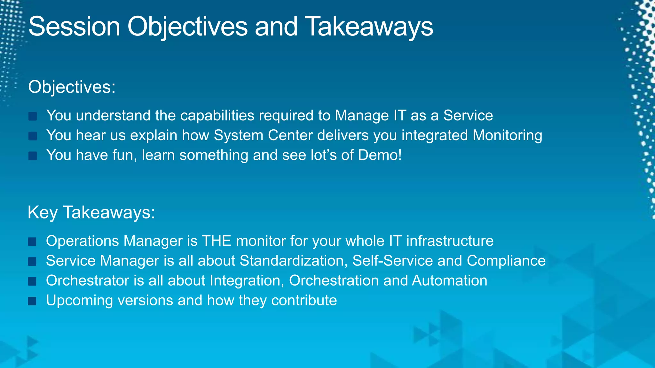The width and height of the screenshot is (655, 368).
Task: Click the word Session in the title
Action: pyautogui.click(x=74, y=27)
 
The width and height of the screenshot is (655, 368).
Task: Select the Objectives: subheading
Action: pyautogui.click(x=72, y=87)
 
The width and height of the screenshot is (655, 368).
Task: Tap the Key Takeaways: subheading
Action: pyautogui.click(x=91, y=212)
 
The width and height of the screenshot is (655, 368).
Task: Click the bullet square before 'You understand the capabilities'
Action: pyautogui.click(x=33, y=116)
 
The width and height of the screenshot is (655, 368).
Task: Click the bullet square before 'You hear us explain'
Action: pyautogui.click(x=33, y=136)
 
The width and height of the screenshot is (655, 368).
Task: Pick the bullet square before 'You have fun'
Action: pyautogui.click(x=33, y=156)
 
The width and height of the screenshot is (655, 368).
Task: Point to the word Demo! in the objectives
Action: pyautogui.click(x=380, y=155)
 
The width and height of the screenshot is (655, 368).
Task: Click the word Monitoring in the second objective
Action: pyautogui.click(x=507, y=135)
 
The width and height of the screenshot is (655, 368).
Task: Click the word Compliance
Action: pyautogui.click(x=506, y=261)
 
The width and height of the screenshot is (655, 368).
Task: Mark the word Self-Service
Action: pyautogui.click(x=392, y=261)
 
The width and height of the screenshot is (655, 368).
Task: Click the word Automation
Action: pyautogui.click(x=449, y=280)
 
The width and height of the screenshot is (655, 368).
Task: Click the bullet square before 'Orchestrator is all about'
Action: pyautogui.click(x=32, y=281)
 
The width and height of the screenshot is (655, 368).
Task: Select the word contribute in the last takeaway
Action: pyautogui.click(x=304, y=300)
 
